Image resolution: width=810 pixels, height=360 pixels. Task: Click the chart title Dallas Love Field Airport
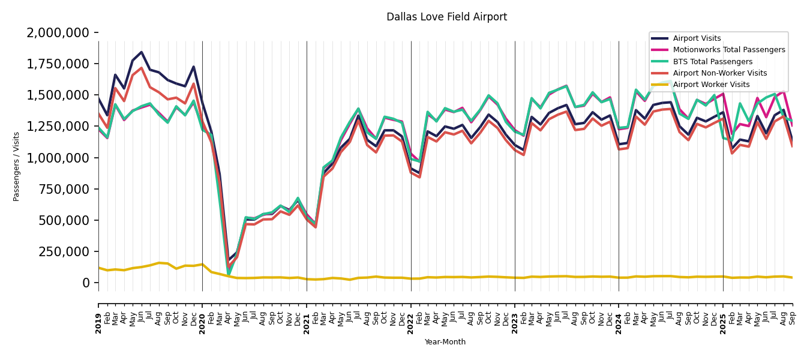pos(446,17)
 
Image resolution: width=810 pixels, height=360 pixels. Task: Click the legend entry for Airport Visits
pos(697,38)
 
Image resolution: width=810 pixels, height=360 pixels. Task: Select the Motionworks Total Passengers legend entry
pos(728,50)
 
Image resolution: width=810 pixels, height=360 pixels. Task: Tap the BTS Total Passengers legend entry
pos(712,62)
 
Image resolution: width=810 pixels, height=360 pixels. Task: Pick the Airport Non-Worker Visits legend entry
pos(719,73)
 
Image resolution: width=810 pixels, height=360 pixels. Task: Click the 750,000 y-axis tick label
pos(67,189)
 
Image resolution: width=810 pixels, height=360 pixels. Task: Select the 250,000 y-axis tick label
pos(67,251)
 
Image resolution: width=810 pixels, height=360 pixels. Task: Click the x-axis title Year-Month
pos(445,342)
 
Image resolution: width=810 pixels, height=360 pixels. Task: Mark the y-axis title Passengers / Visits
pos(17,166)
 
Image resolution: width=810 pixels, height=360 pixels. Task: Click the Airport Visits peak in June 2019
pos(142,52)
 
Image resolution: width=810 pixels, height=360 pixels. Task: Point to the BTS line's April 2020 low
pos(229,275)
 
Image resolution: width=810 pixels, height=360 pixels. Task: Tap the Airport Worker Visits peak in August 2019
pos(159,263)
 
